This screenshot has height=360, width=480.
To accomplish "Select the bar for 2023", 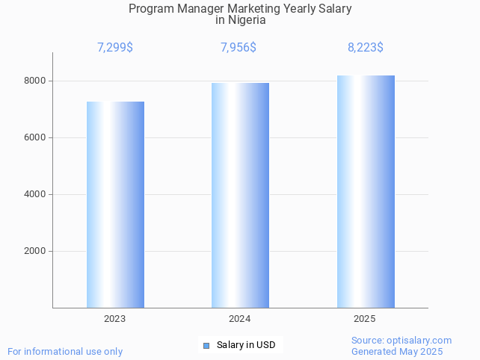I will (115, 205).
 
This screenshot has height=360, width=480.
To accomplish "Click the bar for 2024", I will (240, 195).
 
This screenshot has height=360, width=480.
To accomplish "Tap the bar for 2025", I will (366, 191).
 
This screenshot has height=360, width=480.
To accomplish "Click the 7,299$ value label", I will (115, 48).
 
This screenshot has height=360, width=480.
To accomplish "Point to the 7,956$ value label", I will (239, 48).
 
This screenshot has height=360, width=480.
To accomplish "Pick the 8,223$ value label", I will (366, 48).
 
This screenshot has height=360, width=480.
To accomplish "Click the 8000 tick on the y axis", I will (34, 81).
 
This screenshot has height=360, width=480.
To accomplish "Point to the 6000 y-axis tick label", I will (34, 137).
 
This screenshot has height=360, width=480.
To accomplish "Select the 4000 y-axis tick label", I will (34, 194).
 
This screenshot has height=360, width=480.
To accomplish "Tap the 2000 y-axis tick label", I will (34, 251).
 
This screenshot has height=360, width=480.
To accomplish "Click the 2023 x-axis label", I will (115, 319).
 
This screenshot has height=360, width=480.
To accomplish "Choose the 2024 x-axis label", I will (240, 319).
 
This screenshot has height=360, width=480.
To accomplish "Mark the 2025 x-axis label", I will (365, 319).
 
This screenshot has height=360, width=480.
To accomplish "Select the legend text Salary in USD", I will (246, 345).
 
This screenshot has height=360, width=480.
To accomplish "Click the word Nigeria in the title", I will (247, 21).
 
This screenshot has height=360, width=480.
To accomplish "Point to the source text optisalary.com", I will (420, 341).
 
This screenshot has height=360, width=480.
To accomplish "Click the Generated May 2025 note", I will (397, 352).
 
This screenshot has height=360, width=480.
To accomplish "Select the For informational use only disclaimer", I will (65, 352).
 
